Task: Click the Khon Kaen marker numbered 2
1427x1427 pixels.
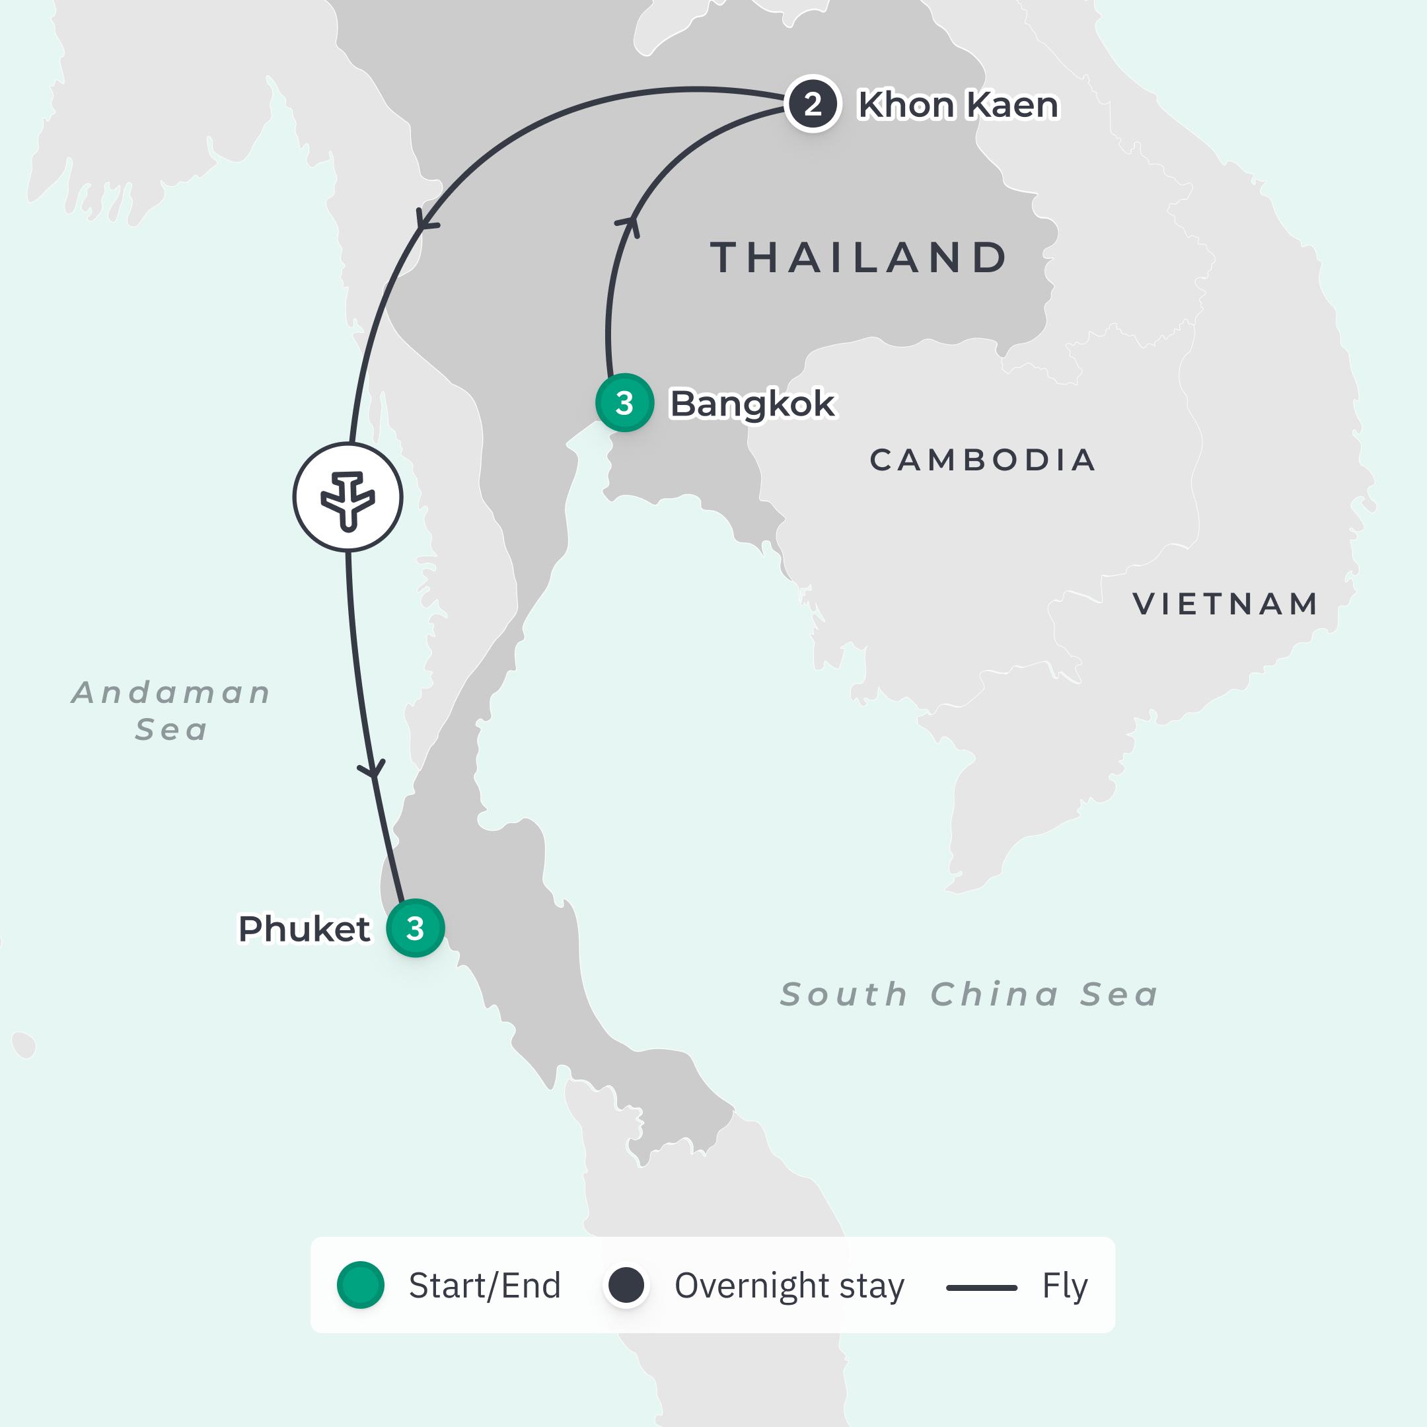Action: pyautogui.click(x=813, y=104)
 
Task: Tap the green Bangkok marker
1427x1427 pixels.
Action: pyautogui.click(x=624, y=402)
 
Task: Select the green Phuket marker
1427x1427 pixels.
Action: pyautogui.click(x=415, y=928)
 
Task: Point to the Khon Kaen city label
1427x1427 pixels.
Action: pyautogui.click(x=958, y=105)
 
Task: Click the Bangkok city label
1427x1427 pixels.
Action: pyautogui.click(x=752, y=404)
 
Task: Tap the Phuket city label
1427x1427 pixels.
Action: pyautogui.click(x=304, y=928)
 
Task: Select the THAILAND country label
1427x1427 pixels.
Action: pyautogui.click(x=859, y=258)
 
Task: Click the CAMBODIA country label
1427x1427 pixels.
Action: pyautogui.click(x=982, y=460)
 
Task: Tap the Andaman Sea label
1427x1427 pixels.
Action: pyautogui.click(x=171, y=711)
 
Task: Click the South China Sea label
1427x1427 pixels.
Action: pyautogui.click(x=969, y=994)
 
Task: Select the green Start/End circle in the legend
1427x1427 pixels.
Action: pyautogui.click(x=361, y=1285)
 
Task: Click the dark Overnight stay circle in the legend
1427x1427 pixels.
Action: pyautogui.click(x=626, y=1285)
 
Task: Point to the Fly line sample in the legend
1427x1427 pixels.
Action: pyautogui.click(x=982, y=1288)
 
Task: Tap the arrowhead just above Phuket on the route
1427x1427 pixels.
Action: pyautogui.click(x=374, y=769)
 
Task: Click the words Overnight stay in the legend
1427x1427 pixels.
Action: pyautogui.click(x=789, y=1286)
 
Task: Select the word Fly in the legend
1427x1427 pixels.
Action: pyautogui.click(x=1064, y=1286)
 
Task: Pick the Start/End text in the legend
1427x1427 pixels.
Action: pyautogui.click(x=484, y=1286)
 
